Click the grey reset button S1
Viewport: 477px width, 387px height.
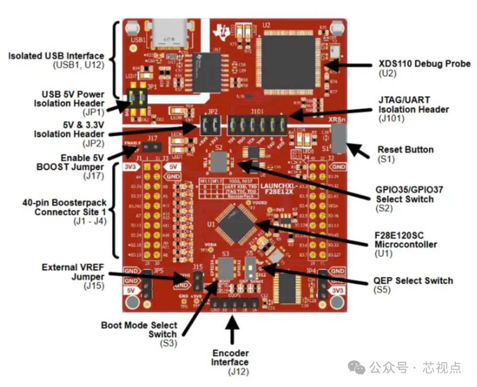(x=339, y=138)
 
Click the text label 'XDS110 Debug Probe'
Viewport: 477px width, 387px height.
(x=424, y=64)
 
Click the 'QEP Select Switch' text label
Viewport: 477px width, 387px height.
(x=413, y=280)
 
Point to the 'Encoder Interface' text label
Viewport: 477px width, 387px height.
(x=230, y=357)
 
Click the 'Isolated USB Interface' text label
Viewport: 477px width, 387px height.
(x=57, y=56)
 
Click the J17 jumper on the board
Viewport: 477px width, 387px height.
(x=153, y=146)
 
